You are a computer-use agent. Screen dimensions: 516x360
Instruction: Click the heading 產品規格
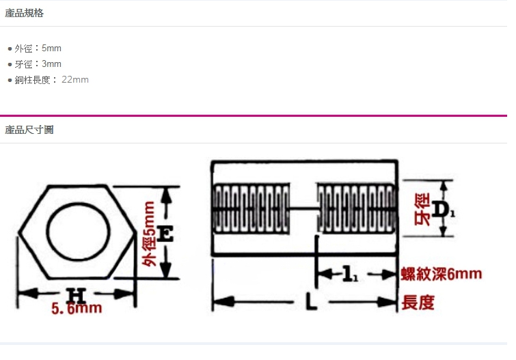tap(24, 13)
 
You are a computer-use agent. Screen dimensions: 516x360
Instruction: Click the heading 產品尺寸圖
tap(29, 130)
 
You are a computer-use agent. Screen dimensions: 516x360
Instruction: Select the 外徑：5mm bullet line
tap(38, 49)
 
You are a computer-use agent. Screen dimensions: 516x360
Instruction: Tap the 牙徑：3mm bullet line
tap(38, 64)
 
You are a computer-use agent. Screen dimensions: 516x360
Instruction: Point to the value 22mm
tap(75, 80)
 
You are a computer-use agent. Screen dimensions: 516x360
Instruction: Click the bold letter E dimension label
tap(165, 234)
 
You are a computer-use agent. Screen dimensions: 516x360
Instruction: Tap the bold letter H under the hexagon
tap(76, 294)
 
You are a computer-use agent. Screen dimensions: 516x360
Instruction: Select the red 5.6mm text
tap(77, 309)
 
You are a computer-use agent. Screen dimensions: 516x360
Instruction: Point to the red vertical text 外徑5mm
tap(149, 234)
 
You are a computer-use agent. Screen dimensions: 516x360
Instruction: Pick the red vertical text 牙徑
tap(422, 209)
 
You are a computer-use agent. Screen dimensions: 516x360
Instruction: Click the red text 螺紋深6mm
tap(442, 274)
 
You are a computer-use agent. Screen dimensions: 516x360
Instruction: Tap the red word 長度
tap(418, 303)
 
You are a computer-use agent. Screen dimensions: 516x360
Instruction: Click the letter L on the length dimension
tap(311, 301)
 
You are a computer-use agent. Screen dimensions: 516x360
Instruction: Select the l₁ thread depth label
tap(350, 274)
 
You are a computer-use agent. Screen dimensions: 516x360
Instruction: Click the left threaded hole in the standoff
tap(252, 208)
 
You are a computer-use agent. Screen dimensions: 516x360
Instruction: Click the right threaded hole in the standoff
tap(356, 208)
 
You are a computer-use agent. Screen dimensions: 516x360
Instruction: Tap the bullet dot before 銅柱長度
tap(10, 80)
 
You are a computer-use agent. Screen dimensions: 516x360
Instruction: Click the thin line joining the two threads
tap(303, 208)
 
